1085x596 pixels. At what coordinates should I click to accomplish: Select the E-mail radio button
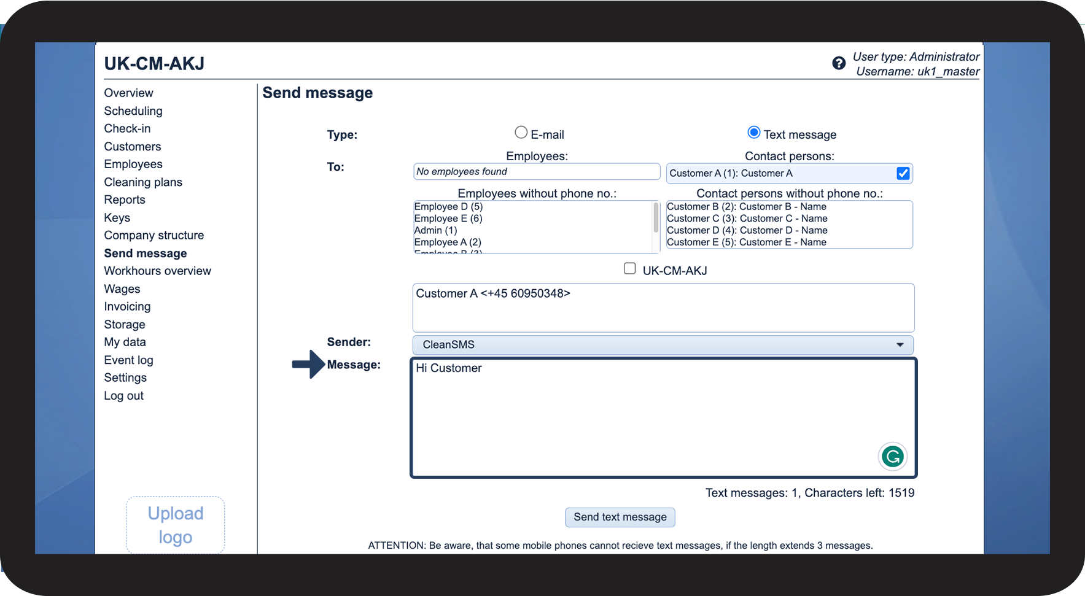coord(521,133)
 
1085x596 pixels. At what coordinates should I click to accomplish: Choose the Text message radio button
coord(754,133)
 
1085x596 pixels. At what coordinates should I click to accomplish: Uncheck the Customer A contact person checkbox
coord(903,174)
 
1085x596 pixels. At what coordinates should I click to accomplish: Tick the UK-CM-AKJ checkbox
coord(629,268)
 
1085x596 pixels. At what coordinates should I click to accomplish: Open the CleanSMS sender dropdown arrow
coord(900,345)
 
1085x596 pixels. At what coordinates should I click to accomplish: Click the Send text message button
coord(620,517)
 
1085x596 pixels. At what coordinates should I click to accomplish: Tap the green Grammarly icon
coord(892,457)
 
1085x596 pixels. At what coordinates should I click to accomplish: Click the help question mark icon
coord(839,63)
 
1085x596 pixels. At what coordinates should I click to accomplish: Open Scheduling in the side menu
coord(133,111)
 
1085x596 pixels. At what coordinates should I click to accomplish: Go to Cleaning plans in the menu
coord(143,182)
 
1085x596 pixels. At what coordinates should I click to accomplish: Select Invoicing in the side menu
coord(127,307)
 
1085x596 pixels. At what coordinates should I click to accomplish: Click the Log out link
coord(123,396)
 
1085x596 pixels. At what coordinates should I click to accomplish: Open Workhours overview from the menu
coord(157,271)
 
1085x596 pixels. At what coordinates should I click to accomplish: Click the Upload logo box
coord(176,525)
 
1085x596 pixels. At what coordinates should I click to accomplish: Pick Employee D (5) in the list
coord(448,207)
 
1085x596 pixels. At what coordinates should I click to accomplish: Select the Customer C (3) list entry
coord(747,219)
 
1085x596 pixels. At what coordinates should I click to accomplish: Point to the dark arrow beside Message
coord(308,365)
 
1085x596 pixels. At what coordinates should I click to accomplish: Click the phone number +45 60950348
coord(526,294)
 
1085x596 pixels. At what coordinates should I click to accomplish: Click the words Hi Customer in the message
coord(449,368)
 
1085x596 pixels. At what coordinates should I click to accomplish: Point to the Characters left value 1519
coord(901,493)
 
